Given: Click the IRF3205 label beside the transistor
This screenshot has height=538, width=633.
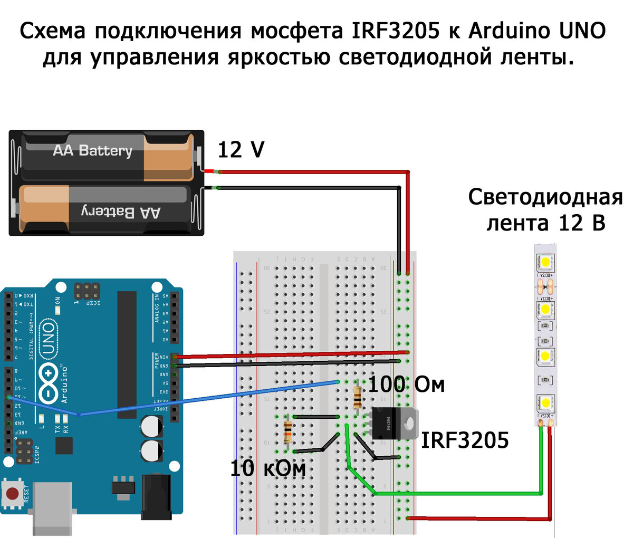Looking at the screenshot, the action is [x=464, y=440].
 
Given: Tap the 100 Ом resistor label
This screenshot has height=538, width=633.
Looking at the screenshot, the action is [x=406, y=385].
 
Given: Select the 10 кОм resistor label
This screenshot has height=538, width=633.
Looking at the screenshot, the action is [x=267, y=468].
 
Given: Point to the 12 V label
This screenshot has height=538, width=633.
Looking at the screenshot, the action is [x=241, y=150].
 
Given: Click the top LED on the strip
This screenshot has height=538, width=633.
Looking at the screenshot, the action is [x=545, y=262].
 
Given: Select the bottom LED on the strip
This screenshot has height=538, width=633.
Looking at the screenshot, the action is [x=545, y=403].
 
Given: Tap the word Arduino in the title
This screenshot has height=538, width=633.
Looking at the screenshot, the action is [x=509, y=32].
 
